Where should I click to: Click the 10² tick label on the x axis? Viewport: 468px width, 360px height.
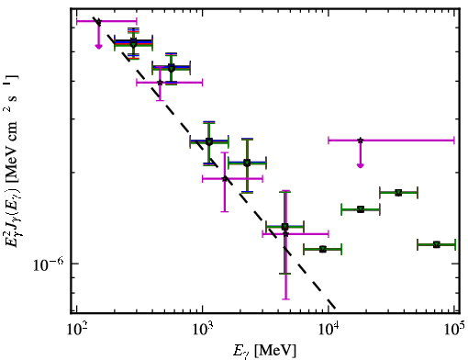(76, 330)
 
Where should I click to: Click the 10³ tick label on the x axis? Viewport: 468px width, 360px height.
(203, 330)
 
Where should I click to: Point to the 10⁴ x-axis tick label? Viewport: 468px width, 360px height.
(329, 330)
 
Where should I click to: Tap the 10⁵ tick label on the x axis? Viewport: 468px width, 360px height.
(454, 330)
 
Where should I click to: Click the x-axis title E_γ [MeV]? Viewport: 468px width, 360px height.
(264, 351)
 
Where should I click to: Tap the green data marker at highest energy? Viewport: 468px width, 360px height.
(437, 244)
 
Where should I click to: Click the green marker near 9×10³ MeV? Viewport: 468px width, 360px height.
(323, 250)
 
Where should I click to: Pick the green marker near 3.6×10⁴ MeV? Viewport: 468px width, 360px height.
(398, 193)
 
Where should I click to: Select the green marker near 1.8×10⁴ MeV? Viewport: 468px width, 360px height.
(361, 209)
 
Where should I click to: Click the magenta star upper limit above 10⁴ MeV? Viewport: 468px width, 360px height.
(361, 141)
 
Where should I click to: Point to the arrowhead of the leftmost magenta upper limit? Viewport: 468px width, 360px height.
(98, 47)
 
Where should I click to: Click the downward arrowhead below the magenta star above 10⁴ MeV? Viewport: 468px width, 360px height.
(361, 165)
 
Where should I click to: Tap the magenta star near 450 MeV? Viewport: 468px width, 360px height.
(160, 83)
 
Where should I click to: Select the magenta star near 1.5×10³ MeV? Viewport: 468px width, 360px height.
(225, 178)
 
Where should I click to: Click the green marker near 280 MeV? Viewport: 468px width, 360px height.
(133, 43)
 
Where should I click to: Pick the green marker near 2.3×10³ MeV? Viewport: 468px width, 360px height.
(247, 163)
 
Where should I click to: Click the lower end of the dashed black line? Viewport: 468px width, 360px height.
(336, 308)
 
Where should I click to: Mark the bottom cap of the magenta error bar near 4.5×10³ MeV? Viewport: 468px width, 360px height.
(285, 298)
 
